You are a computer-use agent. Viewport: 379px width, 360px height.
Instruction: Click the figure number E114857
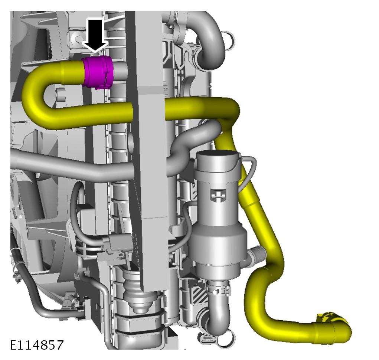click(37, 345)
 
